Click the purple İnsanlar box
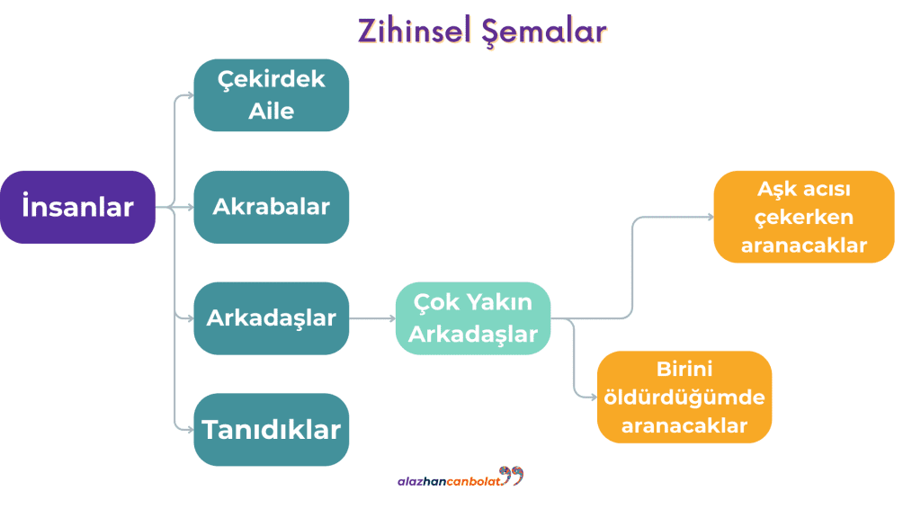click(77, 207)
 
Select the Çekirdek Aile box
click(271, 95)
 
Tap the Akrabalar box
click(271, 207)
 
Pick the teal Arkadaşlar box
click(271, 318)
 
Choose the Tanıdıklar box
click(271, 430)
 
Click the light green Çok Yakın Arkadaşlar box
click(473, 318)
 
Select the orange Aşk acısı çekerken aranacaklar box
click(804, 217)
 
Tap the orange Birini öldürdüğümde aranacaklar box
click(684, 397)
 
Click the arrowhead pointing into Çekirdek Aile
click(189, 95)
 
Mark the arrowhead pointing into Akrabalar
click(189, 207)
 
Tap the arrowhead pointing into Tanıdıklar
click(189, 430)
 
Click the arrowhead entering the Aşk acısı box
click(710, 217)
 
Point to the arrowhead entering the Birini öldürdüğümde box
click(592, 397)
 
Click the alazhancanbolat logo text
click(447, 481)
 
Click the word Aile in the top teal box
click(271, 112)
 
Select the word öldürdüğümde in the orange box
click(684, 397)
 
